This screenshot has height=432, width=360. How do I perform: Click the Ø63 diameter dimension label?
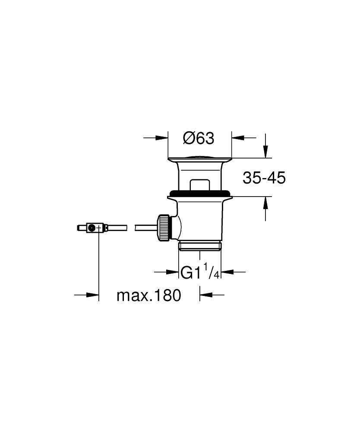tap(199, 138)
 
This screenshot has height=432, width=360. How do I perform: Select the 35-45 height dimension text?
tap(264, 178)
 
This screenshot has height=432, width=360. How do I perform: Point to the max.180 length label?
tap(148, 296)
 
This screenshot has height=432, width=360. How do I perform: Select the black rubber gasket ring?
tap(199, 193)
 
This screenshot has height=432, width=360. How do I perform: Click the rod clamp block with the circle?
tap(92, 228)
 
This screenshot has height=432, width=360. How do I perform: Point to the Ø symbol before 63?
tap(189, 138)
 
